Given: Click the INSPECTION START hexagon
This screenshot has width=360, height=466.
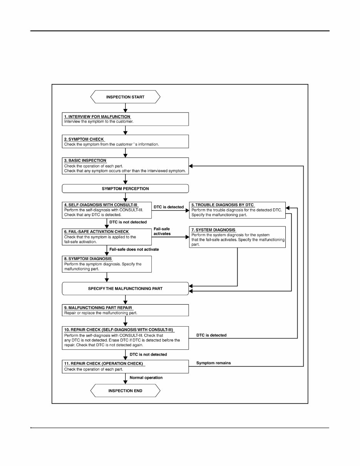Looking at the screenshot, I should pyautogui.click(x=125, y=97).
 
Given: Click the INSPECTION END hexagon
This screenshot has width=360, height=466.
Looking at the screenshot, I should pyautogui.click(x=125, y=391).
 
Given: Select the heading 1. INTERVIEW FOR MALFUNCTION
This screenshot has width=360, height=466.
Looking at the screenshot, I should pyautogui.click(x=97, y=117).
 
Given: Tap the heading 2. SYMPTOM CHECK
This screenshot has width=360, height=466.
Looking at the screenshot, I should pyautogui.click(x=84, y=139).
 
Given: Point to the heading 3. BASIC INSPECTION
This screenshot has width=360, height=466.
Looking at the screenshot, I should pyautogui.click(x=85, y=160).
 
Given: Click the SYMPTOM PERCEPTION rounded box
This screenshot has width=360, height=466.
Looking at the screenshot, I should pyautogui.click(x=125, y=189).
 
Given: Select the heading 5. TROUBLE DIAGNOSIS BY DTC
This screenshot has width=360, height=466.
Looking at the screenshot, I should pyautogui.click(x=223, y=205).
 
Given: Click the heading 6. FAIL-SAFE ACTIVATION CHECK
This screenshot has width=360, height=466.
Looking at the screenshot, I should pyautogui.click(x=96, y=232).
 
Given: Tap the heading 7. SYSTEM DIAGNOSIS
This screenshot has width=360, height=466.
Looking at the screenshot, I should pyautogui.click(x=213, y=230).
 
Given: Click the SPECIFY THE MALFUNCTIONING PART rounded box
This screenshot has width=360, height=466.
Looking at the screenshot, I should pyautogui.click(x=125, y=288).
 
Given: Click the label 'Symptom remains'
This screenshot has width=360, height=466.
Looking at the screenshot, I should pyautogui.click(x=213, y=363).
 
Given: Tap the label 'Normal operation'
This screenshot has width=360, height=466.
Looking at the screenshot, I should pyautogui.click(x=146, y=378).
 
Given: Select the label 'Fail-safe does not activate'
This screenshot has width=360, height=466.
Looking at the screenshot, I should pyautogui.click(x=134, y=250).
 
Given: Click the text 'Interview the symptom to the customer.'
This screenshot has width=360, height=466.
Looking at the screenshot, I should pyautogui.click(x=99, y=121).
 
